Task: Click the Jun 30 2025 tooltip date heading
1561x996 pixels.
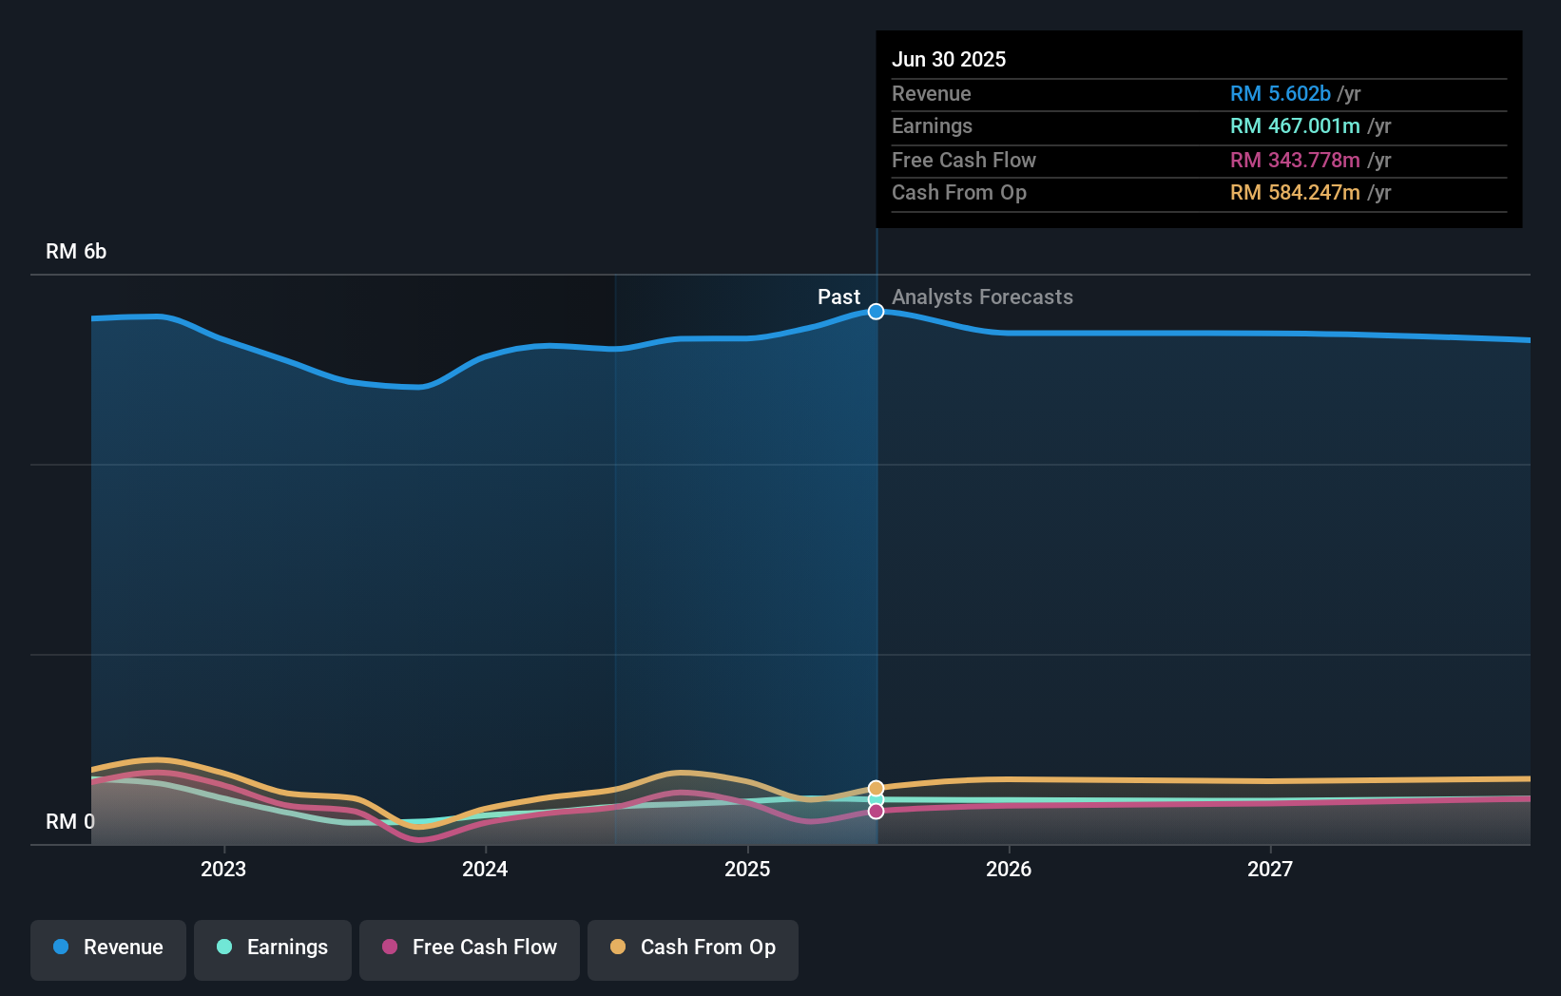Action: (948, 59)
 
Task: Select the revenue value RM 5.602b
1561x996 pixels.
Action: (1280, 93)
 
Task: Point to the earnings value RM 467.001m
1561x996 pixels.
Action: (1294, 125)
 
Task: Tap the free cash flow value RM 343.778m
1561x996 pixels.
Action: (1294, 160)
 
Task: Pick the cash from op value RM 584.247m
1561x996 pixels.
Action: (1294, 192)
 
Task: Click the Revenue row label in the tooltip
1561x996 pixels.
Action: (931, 93)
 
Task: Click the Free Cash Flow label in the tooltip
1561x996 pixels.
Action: (963, 160)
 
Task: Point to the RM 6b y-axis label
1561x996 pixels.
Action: (76, 251)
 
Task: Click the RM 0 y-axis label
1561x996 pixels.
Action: (70, 821)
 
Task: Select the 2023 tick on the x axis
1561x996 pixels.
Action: (223, 869)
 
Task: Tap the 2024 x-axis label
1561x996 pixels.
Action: (485, 869)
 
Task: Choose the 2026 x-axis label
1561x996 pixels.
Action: (1009, 869)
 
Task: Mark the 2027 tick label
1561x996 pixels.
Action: (1270, 869)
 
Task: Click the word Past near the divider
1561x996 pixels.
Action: (838, 297)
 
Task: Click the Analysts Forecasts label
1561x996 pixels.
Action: (982, 297)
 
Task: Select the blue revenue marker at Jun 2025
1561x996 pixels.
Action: (876, 312)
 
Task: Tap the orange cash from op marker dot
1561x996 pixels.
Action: (876, 789)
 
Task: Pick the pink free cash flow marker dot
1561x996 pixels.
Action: (876, 811)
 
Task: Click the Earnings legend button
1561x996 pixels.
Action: (273, 948)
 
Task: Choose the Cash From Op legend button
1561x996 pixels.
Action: (693, 948)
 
